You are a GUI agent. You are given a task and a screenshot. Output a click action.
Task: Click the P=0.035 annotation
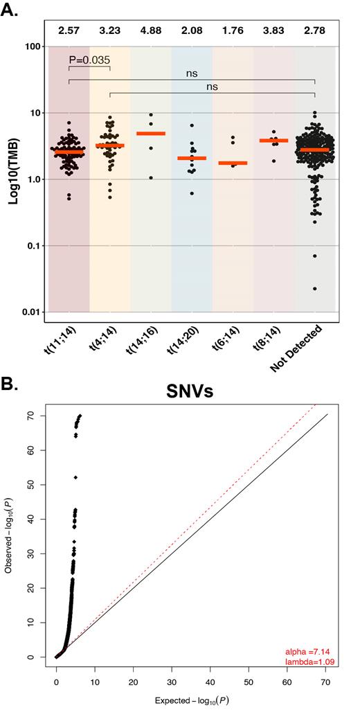pos(89,60)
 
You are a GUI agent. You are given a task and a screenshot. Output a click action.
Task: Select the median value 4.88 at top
pos(151,31)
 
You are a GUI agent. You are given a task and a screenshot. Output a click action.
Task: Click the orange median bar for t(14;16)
pos(151,133)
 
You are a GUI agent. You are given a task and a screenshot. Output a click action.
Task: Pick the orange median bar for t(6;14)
pos(233,163)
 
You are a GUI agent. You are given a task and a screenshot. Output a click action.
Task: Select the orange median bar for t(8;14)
pos(273,141)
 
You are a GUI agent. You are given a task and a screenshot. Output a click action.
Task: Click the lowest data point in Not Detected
pos(316,288)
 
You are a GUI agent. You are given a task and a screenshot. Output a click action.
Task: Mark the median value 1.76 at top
pos(233,31)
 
